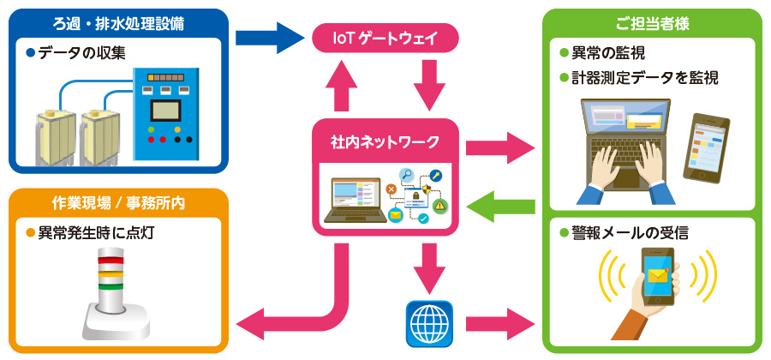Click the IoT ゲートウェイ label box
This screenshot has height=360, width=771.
click(385, 38)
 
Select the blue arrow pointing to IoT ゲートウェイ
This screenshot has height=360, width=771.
click(269, 37)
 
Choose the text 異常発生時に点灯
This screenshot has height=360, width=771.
click(95, 232)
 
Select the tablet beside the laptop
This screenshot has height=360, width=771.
click(708, 147)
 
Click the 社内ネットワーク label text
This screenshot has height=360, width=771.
click(385, 141)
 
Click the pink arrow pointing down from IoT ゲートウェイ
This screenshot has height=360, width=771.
click(428, 87)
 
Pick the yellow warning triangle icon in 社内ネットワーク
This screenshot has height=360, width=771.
click(440, 206)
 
